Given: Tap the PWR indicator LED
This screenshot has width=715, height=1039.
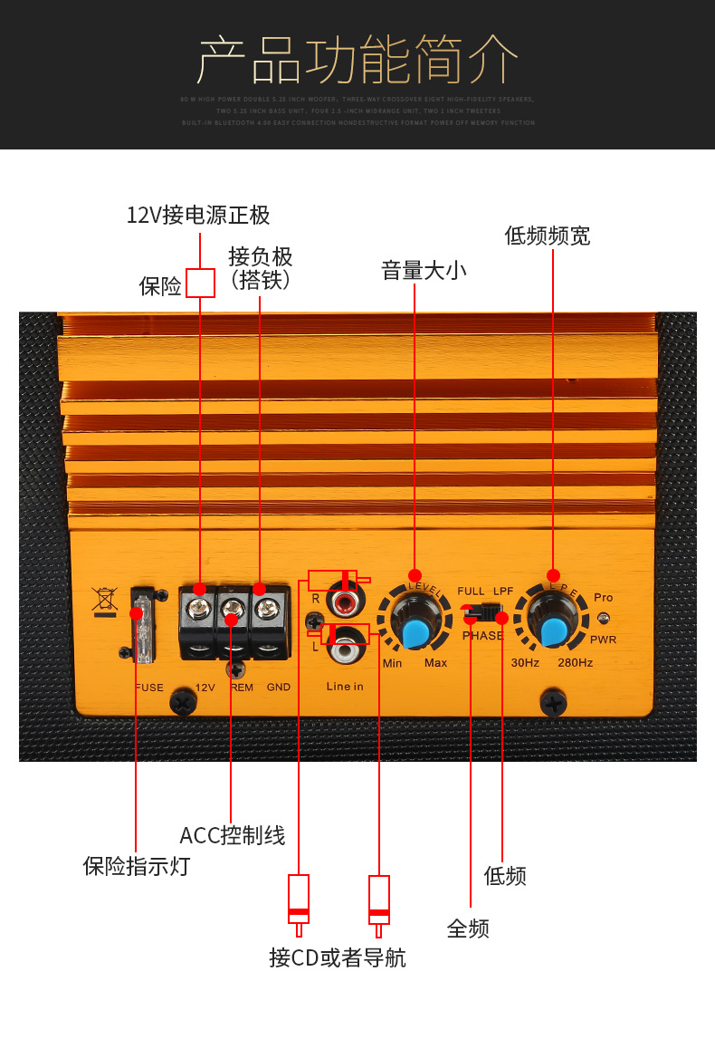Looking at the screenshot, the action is pos(604,618).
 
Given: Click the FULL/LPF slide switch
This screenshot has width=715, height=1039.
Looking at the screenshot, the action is pos(484,613).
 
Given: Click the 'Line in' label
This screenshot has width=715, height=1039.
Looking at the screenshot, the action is pos(345,687).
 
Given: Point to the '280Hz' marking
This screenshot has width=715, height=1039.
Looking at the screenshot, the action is pos(575,663).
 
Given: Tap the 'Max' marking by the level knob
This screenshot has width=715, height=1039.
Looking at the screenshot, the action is pos(435,663).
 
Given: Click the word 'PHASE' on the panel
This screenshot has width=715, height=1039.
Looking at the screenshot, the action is pos(482,636).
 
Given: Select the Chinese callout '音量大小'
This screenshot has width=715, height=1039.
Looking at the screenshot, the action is pos(424,270).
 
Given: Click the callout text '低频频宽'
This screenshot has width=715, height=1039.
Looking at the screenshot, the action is pos(548,236).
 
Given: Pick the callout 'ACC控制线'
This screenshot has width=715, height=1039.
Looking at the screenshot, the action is pos(233,835).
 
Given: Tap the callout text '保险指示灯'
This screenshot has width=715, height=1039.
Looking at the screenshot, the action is pos(137,866).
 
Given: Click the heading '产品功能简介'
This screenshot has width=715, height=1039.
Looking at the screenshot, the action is pos(357,62).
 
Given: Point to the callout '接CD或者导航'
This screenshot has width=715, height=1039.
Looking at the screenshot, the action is pos(338,957).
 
